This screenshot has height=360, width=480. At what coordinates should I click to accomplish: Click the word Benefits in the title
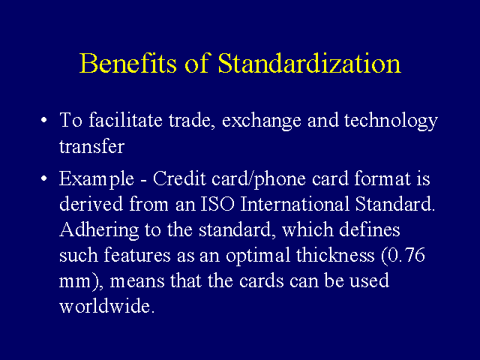click(x=128, y=63)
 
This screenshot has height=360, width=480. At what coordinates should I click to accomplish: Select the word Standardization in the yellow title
click(x=309, y=63)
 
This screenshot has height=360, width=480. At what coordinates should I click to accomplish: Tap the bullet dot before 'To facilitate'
click(x=44, y=120)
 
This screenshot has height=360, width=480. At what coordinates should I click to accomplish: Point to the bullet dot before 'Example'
click(x=44, y=178)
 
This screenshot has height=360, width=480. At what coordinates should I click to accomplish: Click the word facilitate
click(x=125, y=120)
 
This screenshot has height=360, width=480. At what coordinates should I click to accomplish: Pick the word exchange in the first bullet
click(x=262, y=121)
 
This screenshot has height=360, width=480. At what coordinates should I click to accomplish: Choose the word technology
click(x=391, y=121)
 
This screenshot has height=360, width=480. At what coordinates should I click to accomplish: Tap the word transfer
click(x=91, y=145)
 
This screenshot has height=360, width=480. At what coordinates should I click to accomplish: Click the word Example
click(x=97, y=178)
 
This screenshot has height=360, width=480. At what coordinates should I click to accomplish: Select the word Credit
click(x=179, y=178)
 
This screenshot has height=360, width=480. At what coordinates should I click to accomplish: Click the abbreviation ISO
click(x=217, y=204)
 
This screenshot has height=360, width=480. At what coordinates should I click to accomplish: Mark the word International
click(x=295, y=204)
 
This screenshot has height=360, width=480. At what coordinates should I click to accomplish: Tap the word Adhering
click(x=99, y=230)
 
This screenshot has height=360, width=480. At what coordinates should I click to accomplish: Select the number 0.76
click(x=406, y=255)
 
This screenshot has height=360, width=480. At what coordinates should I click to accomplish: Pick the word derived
click(x=91, y=204)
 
